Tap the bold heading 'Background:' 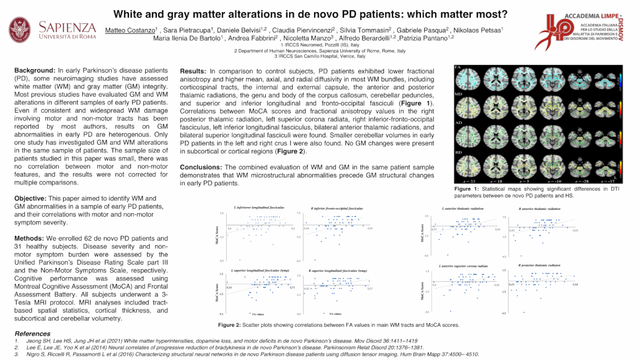click(35, 70)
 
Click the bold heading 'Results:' click(194, 71)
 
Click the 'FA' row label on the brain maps click(458, 68)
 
